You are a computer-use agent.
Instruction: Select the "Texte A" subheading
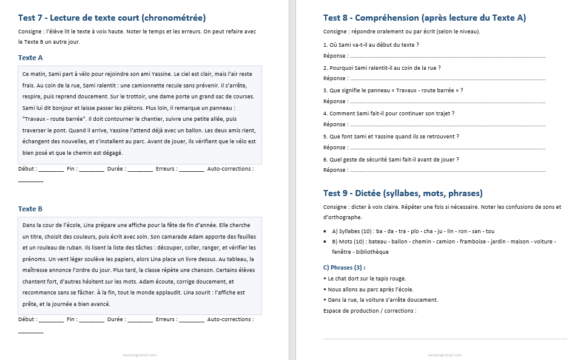(x=30, y=58)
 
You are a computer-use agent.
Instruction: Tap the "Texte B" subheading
(x=30, y=209)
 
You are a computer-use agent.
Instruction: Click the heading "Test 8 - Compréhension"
(x=425, y=18)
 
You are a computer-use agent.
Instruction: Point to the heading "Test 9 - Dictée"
(x=403, y=193)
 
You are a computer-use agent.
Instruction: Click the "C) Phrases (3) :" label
(x=345, y=267)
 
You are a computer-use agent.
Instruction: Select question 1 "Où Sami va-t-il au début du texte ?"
(x=371, y=45)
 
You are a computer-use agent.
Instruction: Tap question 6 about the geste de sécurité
(x=391, y=159)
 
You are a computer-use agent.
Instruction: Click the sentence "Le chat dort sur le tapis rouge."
(x=366, y=278)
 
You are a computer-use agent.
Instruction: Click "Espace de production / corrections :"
(x=370, y=311)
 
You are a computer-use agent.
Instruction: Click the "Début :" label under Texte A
(x=27, y=168)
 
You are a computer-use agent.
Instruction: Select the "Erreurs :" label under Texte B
(x=166, y=319)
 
